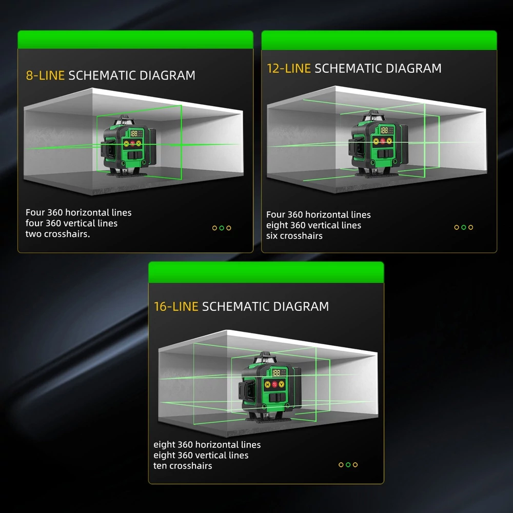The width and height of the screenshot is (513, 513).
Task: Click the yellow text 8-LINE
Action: click(x=45, y=75)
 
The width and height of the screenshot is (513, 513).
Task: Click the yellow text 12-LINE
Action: click(x=289, y=68)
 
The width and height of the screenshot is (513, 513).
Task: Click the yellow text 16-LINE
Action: click(x=176, y=307)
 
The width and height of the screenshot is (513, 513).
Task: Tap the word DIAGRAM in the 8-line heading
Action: click(x=167, y=75)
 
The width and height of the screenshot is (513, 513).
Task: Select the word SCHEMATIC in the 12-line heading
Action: click(x=348, y=68)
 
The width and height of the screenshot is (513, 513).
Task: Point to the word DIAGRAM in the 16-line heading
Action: click(x=301, y=307)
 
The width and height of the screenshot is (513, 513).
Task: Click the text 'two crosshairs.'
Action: click(x=57, y=234)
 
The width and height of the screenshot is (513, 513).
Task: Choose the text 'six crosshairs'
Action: click(x=294, y=235)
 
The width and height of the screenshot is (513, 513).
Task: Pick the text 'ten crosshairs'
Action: click(x=183, y=466)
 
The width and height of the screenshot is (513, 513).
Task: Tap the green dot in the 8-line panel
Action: click(x=222, y=228)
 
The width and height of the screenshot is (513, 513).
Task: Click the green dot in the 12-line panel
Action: click(x=464, y=227)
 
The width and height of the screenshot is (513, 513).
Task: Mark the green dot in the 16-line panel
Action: click(x=348, y=465)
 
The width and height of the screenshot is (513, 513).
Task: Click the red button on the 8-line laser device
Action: click(x=132, y=143)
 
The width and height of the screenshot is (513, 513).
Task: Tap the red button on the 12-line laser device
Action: click(x=383, y=141)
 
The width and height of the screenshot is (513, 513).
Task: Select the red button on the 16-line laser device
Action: click(x=274, y=384)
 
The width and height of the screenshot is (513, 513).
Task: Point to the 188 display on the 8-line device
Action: click(x=134, y=133)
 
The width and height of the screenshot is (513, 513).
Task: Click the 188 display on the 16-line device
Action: click(x=276, y=373)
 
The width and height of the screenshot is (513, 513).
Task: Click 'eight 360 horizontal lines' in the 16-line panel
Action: click(x=207, y=445)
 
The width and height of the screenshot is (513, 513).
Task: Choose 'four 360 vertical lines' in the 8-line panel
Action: click(x=71, y=223)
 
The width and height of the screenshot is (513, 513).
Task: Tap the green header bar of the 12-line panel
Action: click(x=379, y=40)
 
